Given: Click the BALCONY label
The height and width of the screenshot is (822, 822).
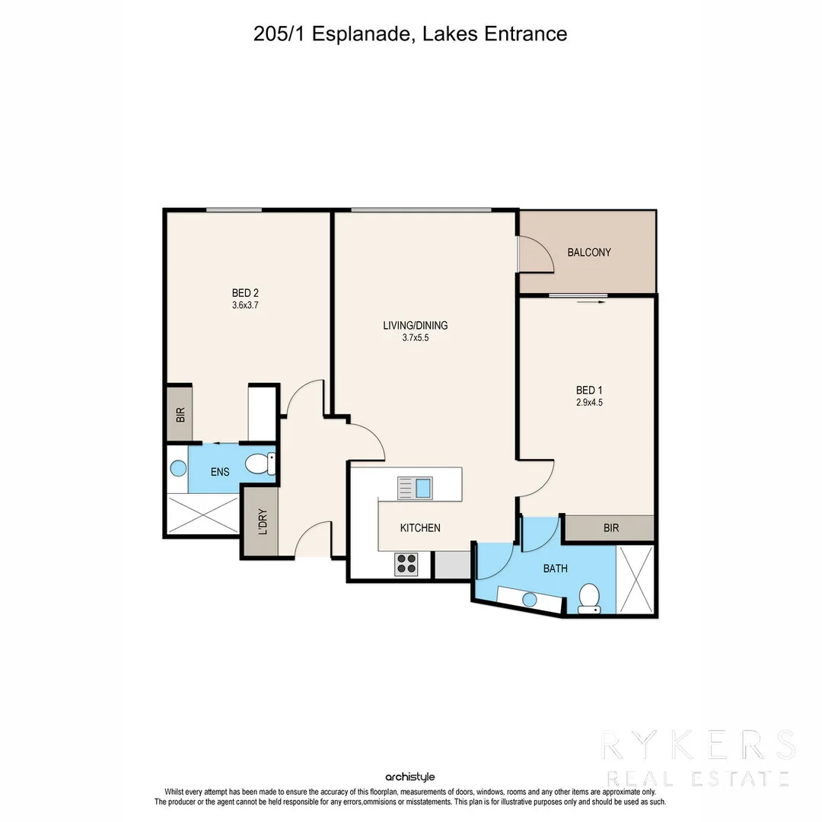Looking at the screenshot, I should tap(589, 253).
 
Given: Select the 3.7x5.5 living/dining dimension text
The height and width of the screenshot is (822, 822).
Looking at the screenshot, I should tap(415, 339).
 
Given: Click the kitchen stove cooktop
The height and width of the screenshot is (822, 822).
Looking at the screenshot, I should tap(406, 563).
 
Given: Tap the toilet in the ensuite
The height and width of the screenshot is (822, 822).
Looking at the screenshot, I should tap(260, 464).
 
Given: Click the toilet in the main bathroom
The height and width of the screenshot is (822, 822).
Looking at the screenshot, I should tap(589, 597).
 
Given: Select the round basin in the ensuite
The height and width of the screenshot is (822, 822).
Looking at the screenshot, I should tap(177, 469).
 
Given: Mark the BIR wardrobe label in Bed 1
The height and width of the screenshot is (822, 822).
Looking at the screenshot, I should tap(610, 528).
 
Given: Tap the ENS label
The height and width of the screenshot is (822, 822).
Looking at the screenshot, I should tap(220, 472).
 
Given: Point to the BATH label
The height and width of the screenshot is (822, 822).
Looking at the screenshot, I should tap(555, 569).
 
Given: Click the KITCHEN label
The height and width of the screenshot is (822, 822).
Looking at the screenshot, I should tap(420, 527).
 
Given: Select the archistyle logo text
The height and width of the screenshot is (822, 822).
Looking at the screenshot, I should tap(410, 777).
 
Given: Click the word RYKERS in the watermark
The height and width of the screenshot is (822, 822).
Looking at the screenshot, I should tap(697, 746).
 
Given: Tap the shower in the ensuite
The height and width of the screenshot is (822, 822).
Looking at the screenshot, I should tap(202, 514).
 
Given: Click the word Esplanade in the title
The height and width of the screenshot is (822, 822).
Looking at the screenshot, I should tap(362, 33).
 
